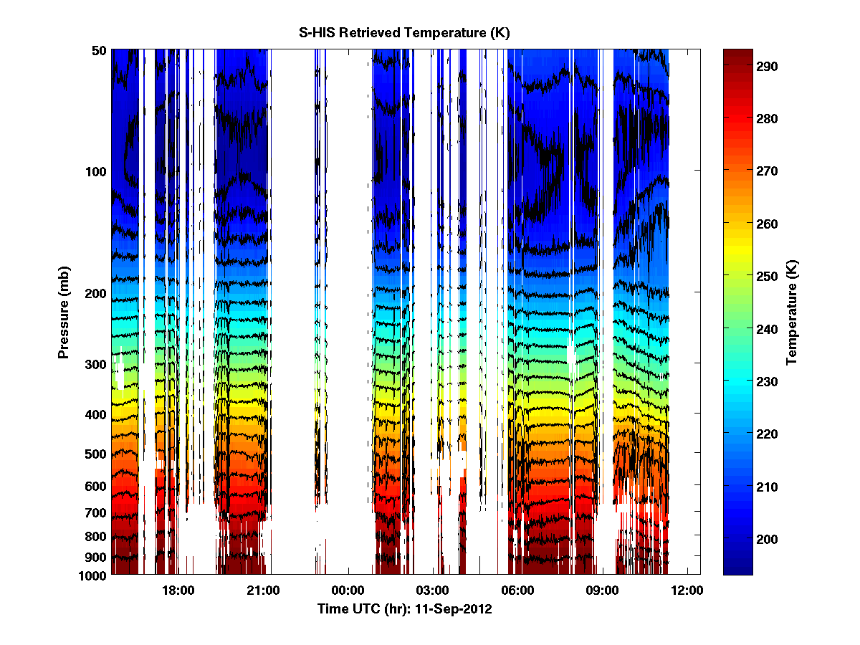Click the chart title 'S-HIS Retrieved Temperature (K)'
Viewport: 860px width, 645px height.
tap(404, 33)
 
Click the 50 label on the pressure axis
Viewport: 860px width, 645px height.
tap(99, 50)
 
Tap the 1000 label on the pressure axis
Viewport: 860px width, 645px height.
tap(93, 575)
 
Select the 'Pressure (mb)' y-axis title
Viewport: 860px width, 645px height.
tap(64, 312)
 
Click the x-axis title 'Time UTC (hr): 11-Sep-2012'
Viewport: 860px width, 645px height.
tap(405, 609)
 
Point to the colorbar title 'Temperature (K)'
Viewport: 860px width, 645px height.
tap(792, 312)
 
